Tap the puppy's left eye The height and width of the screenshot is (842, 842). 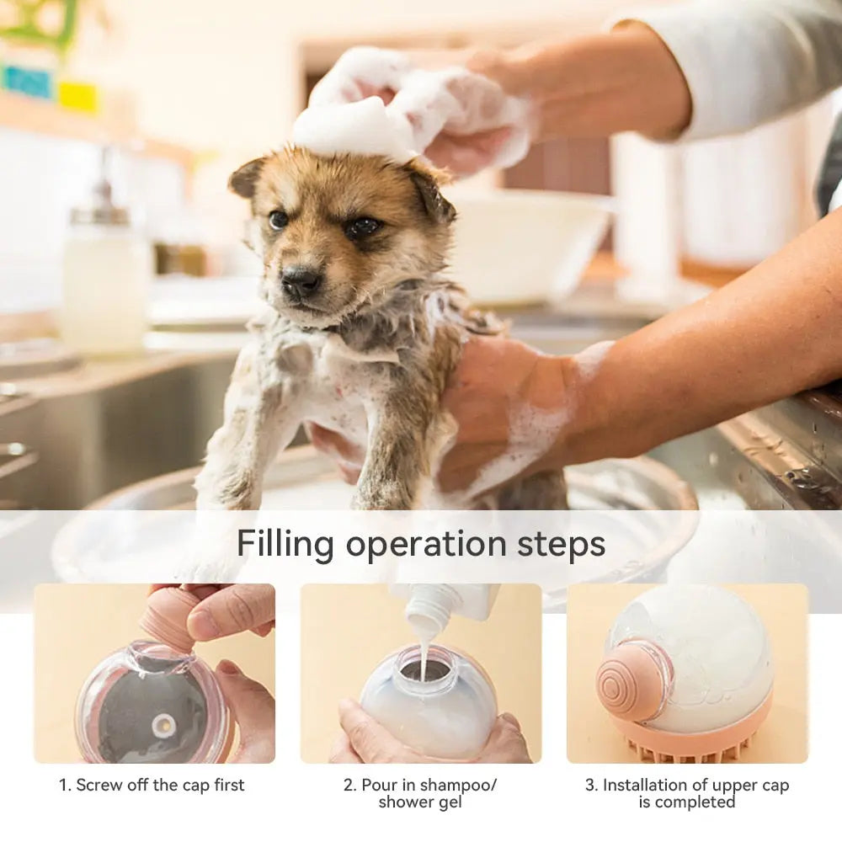point(362,226)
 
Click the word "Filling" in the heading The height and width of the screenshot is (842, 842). point(285,544)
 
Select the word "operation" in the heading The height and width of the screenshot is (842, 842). point(426,546)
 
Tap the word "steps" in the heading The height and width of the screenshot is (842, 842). point(561,545)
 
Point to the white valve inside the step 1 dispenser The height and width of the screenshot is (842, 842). point(164,725)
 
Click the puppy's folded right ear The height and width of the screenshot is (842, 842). point(246,177)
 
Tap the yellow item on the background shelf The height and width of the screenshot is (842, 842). point(78,97)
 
